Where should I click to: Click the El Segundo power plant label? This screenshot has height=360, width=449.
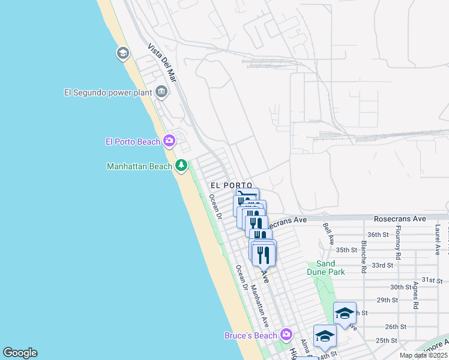tap(108, 92)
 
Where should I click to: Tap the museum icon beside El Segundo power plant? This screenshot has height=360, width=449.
tap(161, 92)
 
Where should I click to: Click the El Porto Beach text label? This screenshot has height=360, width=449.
tap(133, 142)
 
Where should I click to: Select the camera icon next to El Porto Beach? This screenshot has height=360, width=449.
tap(169, 141)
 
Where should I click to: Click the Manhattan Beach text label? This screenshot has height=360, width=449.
tap(139, 166)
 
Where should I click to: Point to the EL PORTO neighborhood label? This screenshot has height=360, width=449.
tap(231, 185)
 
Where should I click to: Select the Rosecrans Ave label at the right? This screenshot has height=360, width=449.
tap(399, 220)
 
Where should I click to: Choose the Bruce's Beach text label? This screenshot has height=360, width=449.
tap(251, 335)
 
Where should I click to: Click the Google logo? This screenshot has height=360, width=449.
tap(20, 353)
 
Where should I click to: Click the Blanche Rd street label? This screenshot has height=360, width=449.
tap(364, 257)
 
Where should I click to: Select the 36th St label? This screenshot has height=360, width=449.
tap(379, 235)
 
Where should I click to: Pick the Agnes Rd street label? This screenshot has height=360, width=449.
tap(415, 296)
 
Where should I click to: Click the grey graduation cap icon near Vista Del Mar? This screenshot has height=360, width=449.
tap(123, 54)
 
